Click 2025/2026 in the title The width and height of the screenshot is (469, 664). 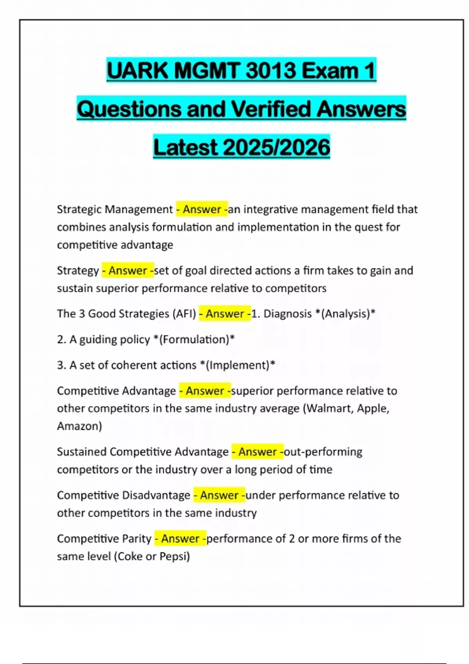[277, 148]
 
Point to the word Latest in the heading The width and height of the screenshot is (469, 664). [185, 148]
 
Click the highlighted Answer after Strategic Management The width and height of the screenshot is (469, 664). [202, 209]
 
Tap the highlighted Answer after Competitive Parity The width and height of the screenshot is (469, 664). [181, 539]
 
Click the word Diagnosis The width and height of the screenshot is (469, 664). [288, 314]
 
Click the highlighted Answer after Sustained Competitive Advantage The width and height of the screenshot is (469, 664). [258, 452]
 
